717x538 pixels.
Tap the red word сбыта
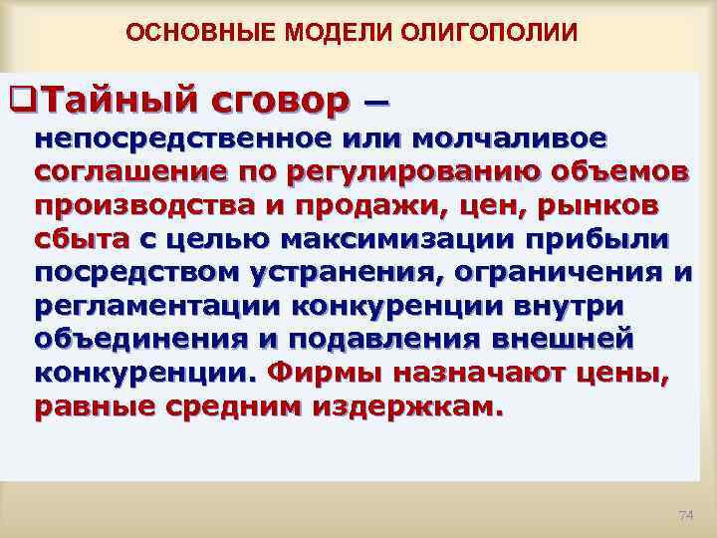pos(81,239)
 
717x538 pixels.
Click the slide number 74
pos(684,514)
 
